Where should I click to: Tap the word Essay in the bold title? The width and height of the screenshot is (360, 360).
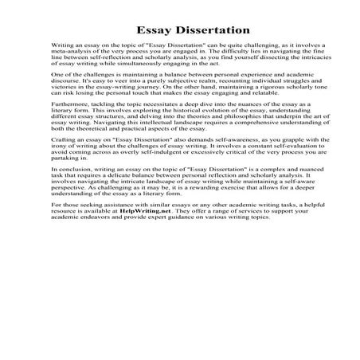point(141,30)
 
